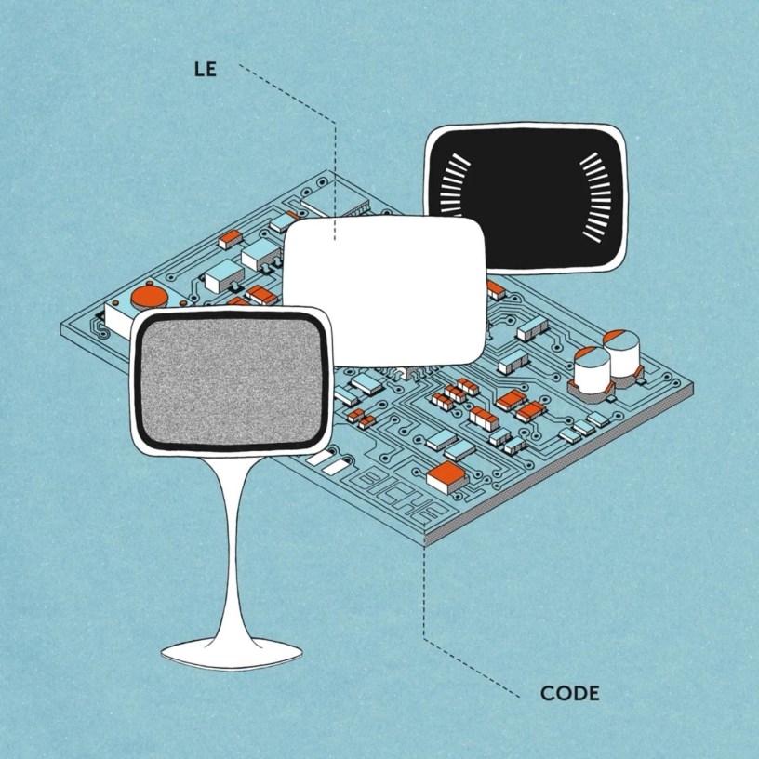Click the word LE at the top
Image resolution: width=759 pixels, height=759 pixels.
coord(204,68)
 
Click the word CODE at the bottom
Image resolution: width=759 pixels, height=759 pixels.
coord(569,693)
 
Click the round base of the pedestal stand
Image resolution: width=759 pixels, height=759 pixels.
coord(231,652)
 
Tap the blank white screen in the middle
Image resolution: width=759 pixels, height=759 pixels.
coord(383,290)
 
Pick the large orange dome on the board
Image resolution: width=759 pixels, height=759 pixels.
coord(148,298)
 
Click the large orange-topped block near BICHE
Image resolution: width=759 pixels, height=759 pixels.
coord(445,477)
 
